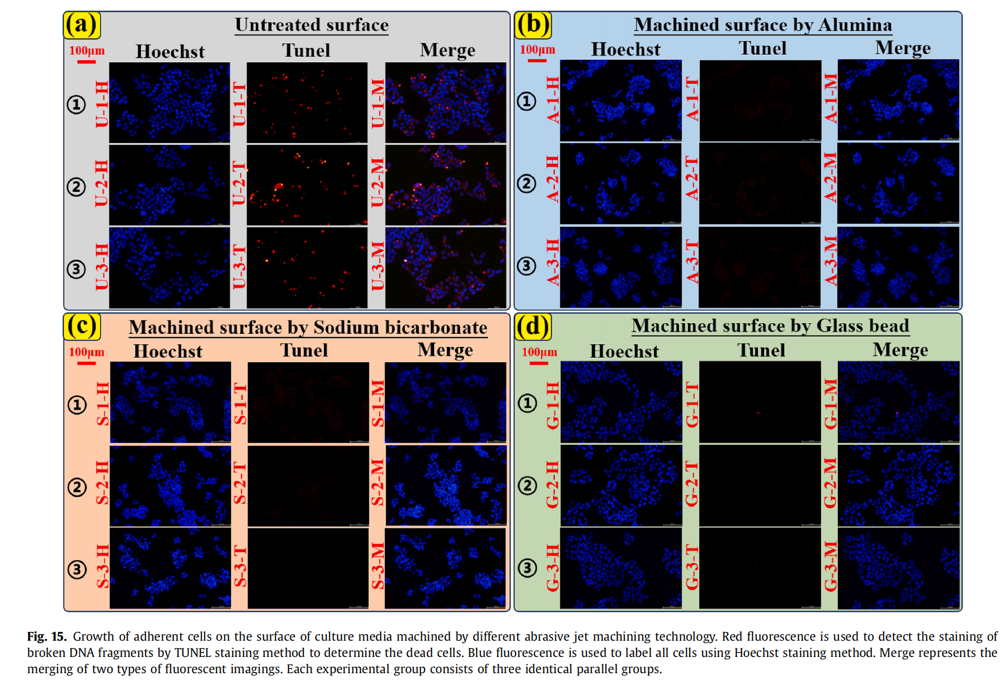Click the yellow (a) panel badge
(x=82, y=25)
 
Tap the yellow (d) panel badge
(x=533, y=326)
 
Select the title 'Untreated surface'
(x=312, y=25)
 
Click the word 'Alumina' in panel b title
(x=855, y=25)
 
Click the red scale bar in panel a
(x=87, y=62)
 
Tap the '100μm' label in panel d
(x=539, y=352)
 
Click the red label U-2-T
(x=239, y=183)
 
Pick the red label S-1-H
(x=102, y=403)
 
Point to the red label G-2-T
(x=692, y=484)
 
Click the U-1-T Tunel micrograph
(x=307, y=102)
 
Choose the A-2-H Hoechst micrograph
(x=620, y=183)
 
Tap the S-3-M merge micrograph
(x=445, y=568)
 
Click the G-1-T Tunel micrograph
(x=760, y=402)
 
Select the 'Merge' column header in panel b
(x=903, y=48)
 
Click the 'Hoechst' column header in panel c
(x=168, y=351)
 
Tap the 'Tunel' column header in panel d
(x=761, y=350)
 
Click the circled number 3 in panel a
(x=76, y=269)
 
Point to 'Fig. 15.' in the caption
(x=47, y=636)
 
